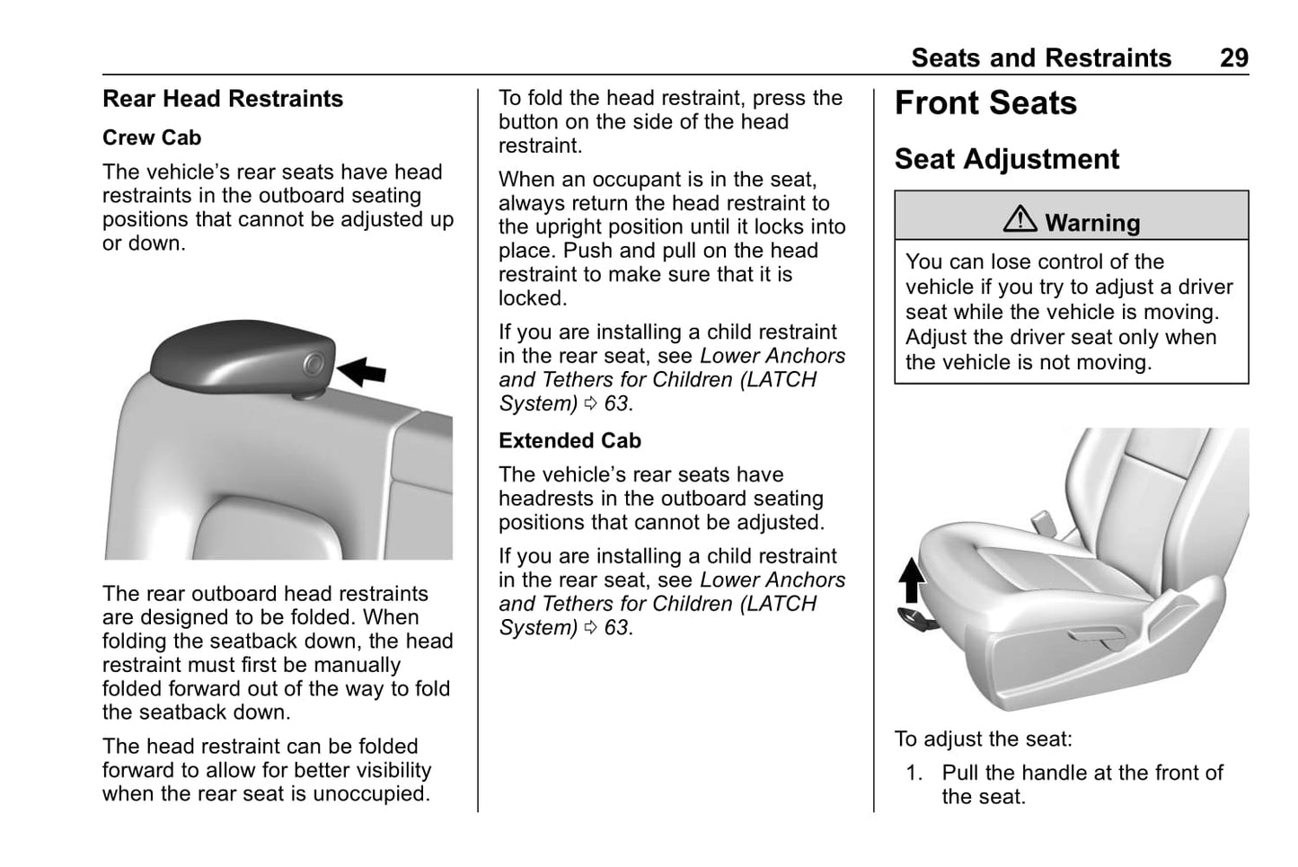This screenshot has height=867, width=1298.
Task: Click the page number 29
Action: [x=1233, y=58]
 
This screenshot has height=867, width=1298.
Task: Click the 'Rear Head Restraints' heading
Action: [x=223, y=99]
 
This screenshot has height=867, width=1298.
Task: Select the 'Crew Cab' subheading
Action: [x=152, y=138]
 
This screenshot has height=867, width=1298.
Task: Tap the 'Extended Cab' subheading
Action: [x=570, y=441]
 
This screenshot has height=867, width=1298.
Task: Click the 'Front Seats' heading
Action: [x=985, y=104]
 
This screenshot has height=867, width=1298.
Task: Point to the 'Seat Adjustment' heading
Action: [x=1006, y=160]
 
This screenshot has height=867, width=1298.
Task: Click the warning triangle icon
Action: [x=1020, y=219]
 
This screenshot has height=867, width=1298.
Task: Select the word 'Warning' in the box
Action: [x=1092, y=223]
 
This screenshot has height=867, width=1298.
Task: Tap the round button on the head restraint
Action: [x=313, y=364]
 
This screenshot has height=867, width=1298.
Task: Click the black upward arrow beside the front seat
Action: [x=912, y=580]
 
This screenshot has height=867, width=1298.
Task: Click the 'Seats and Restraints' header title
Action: [x=1041, y=58]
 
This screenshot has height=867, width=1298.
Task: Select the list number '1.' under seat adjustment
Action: [x=914, y=774]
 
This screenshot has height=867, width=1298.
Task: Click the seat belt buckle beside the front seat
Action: [x=1043, y=521]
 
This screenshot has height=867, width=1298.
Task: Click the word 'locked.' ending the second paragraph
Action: [x=533, y=298]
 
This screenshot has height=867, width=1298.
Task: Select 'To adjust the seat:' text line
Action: [x=983, y=739]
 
